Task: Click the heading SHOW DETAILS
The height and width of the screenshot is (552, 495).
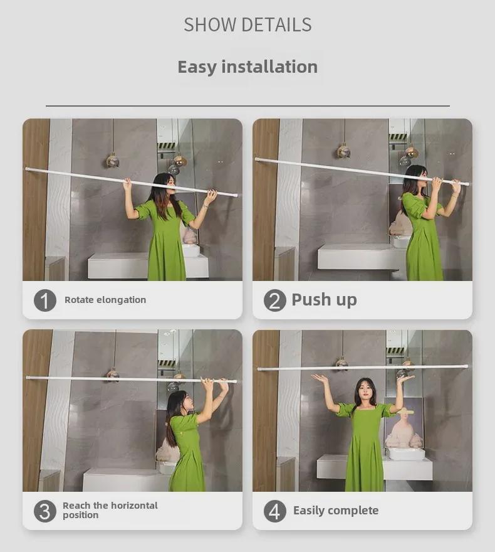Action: (247, 24)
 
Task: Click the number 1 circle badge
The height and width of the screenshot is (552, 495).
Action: (44, 300)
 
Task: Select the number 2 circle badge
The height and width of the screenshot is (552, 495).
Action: (274, 300)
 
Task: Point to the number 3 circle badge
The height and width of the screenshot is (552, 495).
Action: (44, 511)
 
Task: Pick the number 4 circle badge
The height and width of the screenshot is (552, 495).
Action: (274, 511)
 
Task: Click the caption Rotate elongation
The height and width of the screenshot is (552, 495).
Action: (105, 300)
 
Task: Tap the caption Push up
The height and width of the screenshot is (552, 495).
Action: (324, 300)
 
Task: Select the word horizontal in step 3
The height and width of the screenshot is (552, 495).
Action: (134, 506)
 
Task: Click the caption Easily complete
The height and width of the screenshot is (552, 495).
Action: (336, 511)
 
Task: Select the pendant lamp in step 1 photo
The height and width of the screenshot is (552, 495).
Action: (113, 161)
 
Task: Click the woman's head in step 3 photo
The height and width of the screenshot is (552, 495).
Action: (176, 401)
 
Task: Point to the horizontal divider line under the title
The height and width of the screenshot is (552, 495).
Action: (247, 106)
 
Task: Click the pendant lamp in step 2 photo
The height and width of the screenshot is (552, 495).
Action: (343, 151)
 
